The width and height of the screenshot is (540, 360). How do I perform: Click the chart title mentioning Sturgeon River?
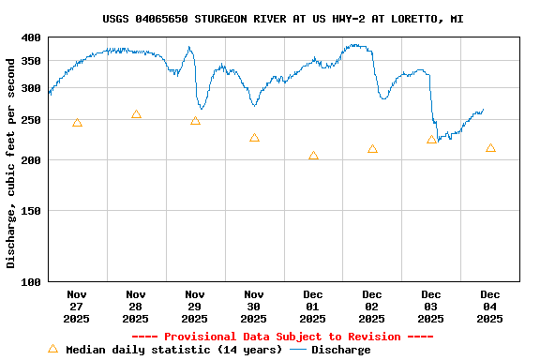[x=282, y=19]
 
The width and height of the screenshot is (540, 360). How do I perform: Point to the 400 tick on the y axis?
[x=31, y=37]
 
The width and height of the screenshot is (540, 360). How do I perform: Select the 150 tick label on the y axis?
[x=31, y=211]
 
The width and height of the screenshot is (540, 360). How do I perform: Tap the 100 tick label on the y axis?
[x=31, y=281]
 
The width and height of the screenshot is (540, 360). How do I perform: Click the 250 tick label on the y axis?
[x=31, y=121]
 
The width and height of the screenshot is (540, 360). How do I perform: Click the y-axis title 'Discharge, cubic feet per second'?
[x=11, y=163]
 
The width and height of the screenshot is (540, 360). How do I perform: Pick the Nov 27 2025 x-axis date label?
[x=77, y=307]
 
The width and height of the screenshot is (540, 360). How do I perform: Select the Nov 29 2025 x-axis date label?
[x=195, y=307]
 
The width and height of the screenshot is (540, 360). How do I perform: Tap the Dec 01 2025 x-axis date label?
[x=313, y=307]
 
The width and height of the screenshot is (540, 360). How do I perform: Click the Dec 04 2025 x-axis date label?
[x=490, y=307]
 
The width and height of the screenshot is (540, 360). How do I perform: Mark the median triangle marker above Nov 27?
[x=77, y=123]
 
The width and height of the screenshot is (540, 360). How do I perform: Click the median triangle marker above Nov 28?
[x=136, y=114]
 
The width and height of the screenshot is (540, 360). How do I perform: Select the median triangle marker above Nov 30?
[x=254, y=138]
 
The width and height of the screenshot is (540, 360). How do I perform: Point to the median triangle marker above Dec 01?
[x=313, y=156]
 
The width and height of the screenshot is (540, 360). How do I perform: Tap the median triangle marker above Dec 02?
[x=372, y=149]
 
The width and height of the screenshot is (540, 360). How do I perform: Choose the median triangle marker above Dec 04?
[x=490, y=148]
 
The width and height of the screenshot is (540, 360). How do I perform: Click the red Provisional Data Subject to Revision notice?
[x=282, y=337]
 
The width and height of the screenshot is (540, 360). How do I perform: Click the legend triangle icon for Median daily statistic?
[x=52, y=349]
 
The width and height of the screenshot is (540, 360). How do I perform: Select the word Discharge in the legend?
[x=340, y=350]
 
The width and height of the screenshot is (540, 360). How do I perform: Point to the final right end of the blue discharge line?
[x=484, y=111]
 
